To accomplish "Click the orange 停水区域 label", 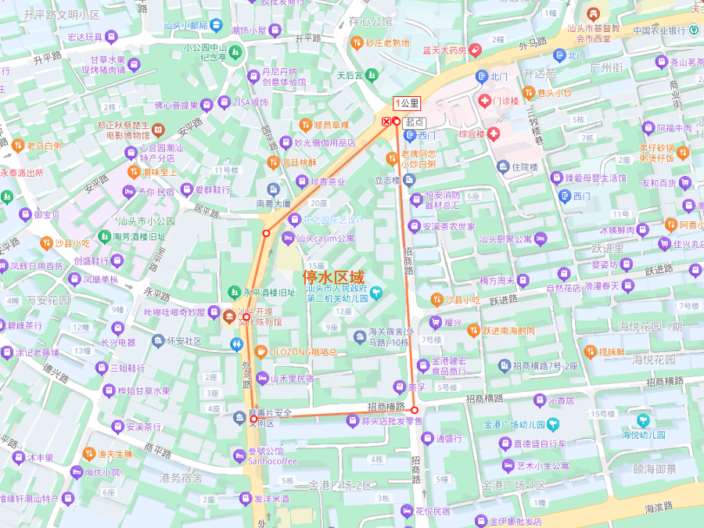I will pos(333,277).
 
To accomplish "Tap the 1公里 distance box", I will pos(407,102).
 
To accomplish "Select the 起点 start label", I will pos(415,122).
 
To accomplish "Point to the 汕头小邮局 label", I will pos(185,26).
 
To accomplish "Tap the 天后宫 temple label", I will pos(350,76).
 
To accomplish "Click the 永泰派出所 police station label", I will pos(22,173).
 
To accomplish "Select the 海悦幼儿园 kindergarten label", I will pos(643,434).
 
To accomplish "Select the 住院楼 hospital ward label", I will pos(524,167).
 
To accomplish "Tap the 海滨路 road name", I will pos(658,508).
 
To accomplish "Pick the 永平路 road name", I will pos(156,294).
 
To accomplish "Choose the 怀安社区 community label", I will pos(184,341).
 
